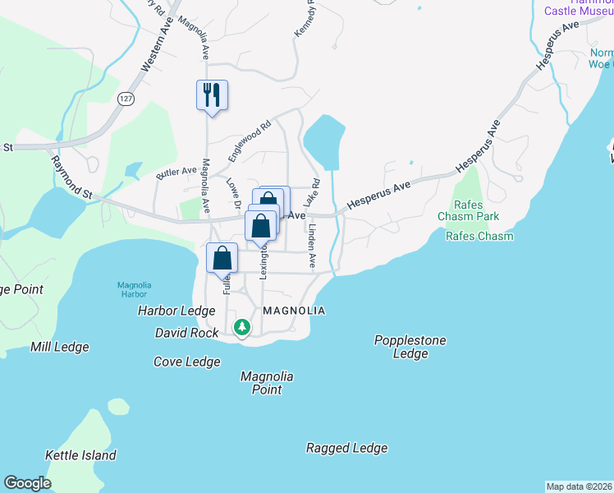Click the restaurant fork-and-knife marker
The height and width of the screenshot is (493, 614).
point(212,95)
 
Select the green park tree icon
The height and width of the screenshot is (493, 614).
point(241,327)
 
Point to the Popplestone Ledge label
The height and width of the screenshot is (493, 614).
point(410,347)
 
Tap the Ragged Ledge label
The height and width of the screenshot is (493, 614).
point(346,448)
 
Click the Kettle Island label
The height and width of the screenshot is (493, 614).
point(80,455)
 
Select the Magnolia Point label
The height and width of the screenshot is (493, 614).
point(267,383)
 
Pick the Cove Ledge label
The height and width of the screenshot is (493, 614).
point(187,362)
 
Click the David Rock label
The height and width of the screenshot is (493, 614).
point(187,333)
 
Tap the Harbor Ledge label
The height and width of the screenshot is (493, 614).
point(176,311)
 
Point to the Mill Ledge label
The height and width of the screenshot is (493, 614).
point(59,347)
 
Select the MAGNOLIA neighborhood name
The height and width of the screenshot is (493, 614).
point(295,311)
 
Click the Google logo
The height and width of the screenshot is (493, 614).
point(27,483)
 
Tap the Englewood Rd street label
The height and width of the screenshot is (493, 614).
point(249,141)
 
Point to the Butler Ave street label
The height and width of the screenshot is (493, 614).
point(176,173)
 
